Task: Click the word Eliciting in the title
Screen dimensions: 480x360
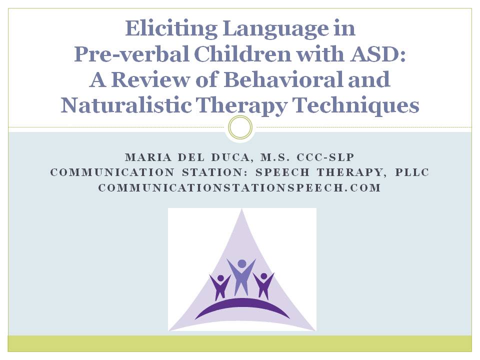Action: pos(171,29)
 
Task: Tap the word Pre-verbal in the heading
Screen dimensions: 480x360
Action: pos(131,54)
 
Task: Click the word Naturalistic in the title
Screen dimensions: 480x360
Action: pos(126,105)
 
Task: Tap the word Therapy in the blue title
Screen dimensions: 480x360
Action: pos(241,105)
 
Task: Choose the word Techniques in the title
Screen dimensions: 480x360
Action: pos(355,105)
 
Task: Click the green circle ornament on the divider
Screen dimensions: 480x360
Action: pos(240,127)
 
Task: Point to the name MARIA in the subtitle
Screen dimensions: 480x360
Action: pos(148,157)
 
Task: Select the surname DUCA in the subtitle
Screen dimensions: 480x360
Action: pos(230,157)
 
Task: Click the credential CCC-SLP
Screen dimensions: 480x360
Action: pos(325,157)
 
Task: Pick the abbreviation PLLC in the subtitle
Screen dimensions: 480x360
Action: pos(412,172)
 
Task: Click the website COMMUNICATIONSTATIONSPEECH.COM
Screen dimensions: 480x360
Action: pos(239,187)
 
